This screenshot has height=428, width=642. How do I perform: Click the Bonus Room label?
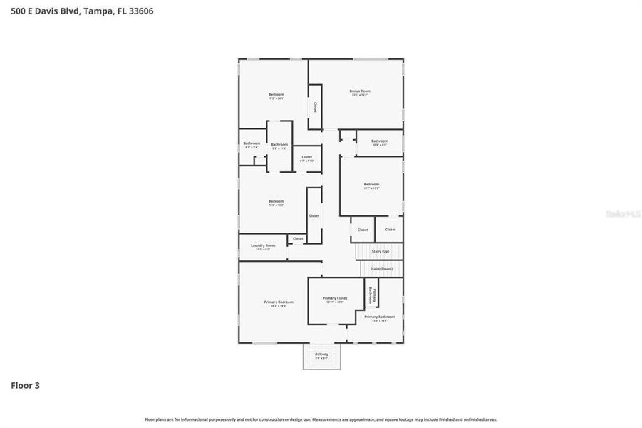(360, 92)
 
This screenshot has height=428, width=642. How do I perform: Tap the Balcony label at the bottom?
(322, 355)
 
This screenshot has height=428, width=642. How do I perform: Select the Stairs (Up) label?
(380, 251)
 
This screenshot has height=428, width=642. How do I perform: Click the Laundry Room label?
(262, 247)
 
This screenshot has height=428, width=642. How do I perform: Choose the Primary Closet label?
(334, 300)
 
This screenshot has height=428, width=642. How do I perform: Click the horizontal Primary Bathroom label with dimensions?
(380, 318)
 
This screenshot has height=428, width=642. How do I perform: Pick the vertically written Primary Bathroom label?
(371, 294)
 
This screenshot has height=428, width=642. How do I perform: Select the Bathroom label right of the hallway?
(379, 142)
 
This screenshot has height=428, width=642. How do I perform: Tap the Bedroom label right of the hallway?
(371, 185)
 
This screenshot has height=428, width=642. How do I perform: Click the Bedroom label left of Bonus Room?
(276, 96)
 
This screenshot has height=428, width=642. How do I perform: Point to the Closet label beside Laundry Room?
(298, 238)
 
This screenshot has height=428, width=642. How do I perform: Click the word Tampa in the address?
(99, 11)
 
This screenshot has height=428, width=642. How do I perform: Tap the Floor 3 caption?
(25, 385)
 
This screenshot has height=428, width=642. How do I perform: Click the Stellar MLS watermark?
(623, 213)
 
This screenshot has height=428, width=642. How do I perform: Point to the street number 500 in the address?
(19, 11)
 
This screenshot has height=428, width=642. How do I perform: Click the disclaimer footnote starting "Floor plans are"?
(321, 419)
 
